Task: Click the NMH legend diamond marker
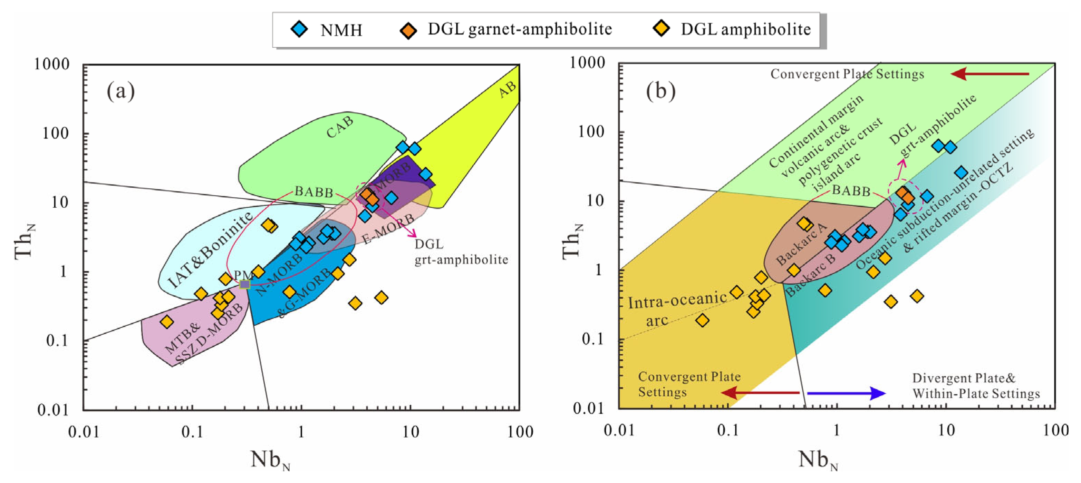pos(299,29)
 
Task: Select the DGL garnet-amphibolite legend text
pos(520,29)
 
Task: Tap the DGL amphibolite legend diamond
pos(662,29)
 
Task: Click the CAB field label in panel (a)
pos(340,127)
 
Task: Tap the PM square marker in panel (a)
pos(245,284)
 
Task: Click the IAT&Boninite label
pos(211,250)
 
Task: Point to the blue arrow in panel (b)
pos(846,393)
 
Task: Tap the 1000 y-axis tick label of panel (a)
pos(52,64)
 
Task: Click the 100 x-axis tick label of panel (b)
pos(1056,431)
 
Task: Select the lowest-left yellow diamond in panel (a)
pos(167,322)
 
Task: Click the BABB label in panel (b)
pos(851,191)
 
